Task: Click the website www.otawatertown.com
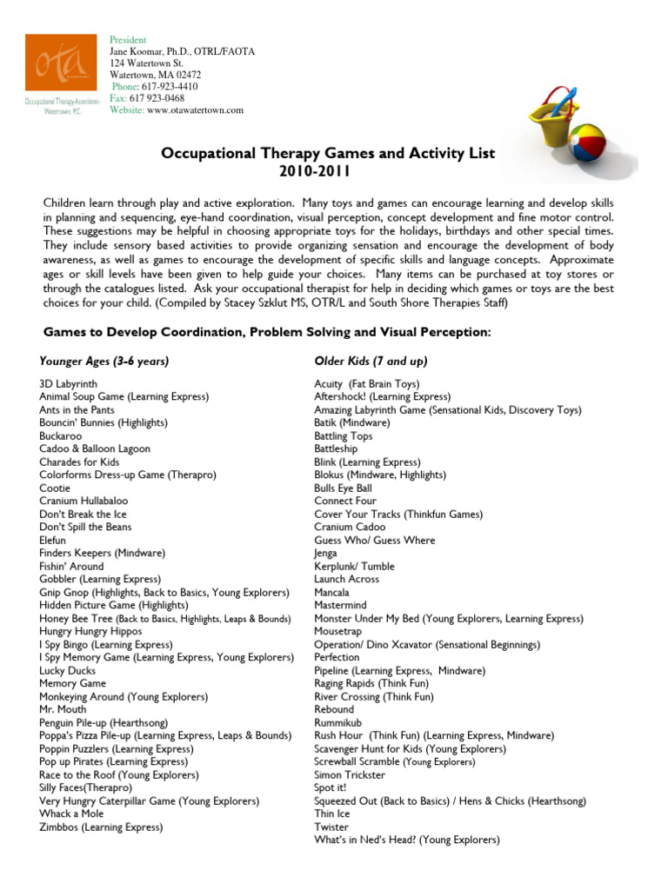pyautogui.click(x=196, y=110)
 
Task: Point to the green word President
pyautogui.click(x=128, y=40)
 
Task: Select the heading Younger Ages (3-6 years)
pyautogui.click(x=104, y=361)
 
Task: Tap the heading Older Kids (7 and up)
pyautogui.click(x=371, y=361)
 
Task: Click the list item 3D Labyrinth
pyautogui.click(x=69, y=383)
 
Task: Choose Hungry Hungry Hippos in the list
pyautogui.click(x=90, y=632)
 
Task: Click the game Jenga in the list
pyautogui.click(x=325, y=554)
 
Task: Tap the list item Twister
pyautogui.click(x=331, y=827)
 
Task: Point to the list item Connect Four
pyautogui.click(x=345, y=501)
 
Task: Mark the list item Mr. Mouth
pyautogui.click(x=63, y=710)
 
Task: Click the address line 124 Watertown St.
pyautogui.click(x=146, y=63)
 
